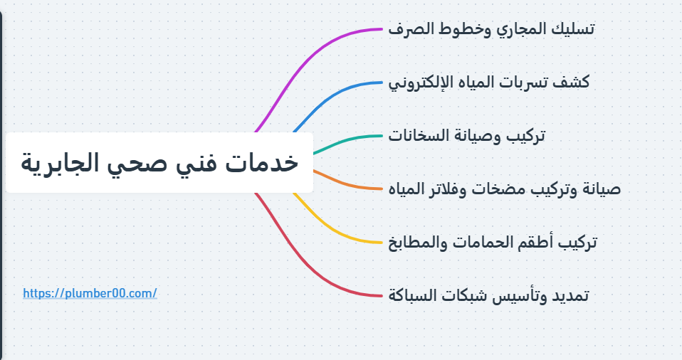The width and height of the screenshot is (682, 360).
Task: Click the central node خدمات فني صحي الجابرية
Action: [x=159, y=162]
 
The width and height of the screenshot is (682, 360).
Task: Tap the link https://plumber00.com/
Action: [x=90, y=293]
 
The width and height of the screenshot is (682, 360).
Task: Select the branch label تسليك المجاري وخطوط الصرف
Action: [x=492, y=29]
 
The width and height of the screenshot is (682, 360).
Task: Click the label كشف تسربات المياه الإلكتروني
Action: [x=489, y=83]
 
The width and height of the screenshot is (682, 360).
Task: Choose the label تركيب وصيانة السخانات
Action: [x=467, y=136]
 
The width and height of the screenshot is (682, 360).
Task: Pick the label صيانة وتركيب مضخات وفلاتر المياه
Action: [x=505, y=189]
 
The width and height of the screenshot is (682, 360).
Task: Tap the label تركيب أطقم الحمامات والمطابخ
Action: [x=493, y=243]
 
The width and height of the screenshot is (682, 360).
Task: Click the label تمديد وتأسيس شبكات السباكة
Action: [x=488, y=295]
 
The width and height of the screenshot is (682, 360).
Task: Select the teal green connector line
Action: [x=349, y=138]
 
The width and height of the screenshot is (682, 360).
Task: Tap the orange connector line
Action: [x=349, y=184]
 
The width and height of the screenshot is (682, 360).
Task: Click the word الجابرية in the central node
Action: [x=55, y=162]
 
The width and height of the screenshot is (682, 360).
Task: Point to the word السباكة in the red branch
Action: [x=413, y=295]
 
